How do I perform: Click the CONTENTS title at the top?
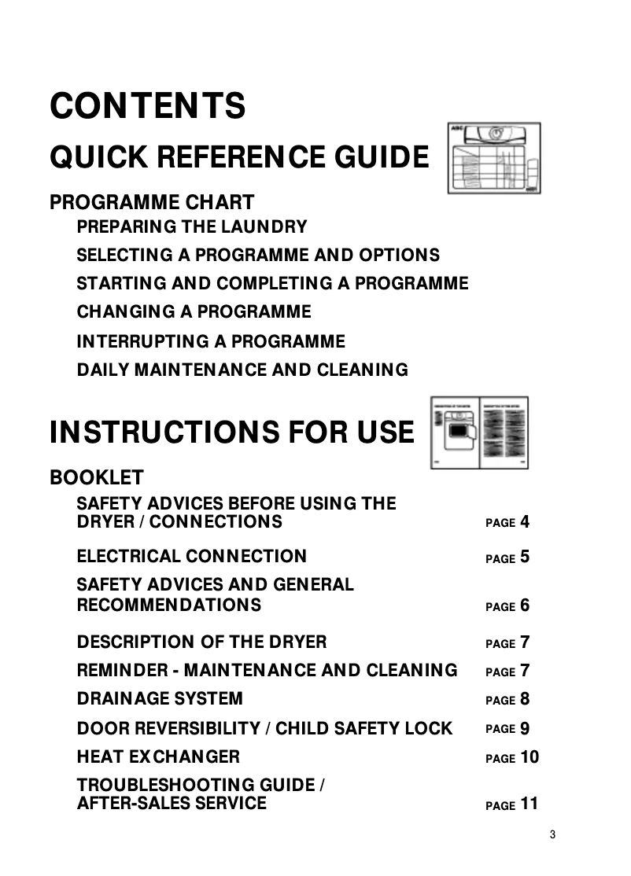[x=148, y=106]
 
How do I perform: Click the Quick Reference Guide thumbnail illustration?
[x=494, y=158]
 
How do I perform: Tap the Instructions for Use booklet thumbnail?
[x=479, y=432]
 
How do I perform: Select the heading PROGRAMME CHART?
[x=152, y=202]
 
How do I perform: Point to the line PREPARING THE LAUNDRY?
[x=192, y=226]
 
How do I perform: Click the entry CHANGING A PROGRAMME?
[x=194, y=311]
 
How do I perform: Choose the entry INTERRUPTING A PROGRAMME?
[x=211, y=341]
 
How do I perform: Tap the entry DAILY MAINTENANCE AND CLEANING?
[x=242, y=370]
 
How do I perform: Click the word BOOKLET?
[x=97, y=477]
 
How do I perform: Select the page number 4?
[x=525, y=521]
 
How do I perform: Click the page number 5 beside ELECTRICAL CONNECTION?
[x=525, y=557]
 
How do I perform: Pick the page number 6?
[x=525, y=605]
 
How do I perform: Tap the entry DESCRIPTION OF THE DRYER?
[x=201, y=642]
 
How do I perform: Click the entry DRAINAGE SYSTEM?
[x=160, y=698]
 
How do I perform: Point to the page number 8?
[x=525, y=698]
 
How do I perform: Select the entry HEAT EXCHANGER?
[x=158, y=756]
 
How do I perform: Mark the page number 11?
[x=530, y=804]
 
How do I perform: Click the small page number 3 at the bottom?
[x=552, y=834]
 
